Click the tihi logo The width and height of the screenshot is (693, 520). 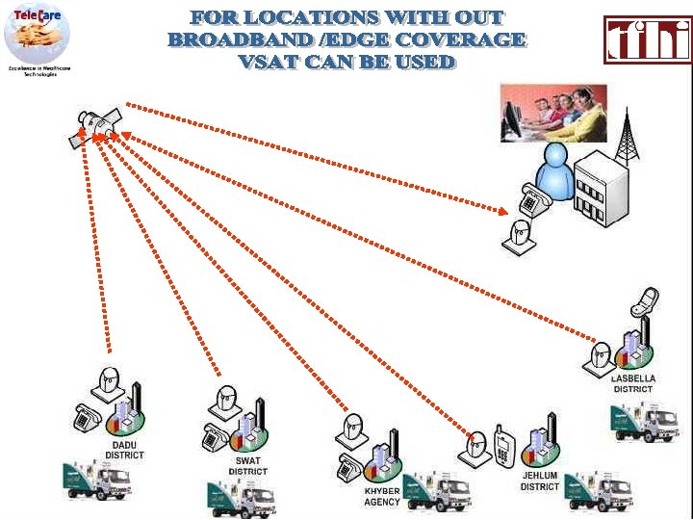[x=648, y=39]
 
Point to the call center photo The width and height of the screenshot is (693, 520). [x=553, y=113]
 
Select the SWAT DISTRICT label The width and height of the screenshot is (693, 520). [x=247, y=466]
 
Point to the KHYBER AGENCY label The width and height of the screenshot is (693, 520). [x=382, y=498]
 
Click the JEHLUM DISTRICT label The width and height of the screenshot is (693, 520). [x=539, y=481]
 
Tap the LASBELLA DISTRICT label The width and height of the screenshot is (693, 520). [x=632, y=384]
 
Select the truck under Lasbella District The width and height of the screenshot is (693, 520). [x=643, y=422]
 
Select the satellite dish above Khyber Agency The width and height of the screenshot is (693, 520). [x=353, y=429]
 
